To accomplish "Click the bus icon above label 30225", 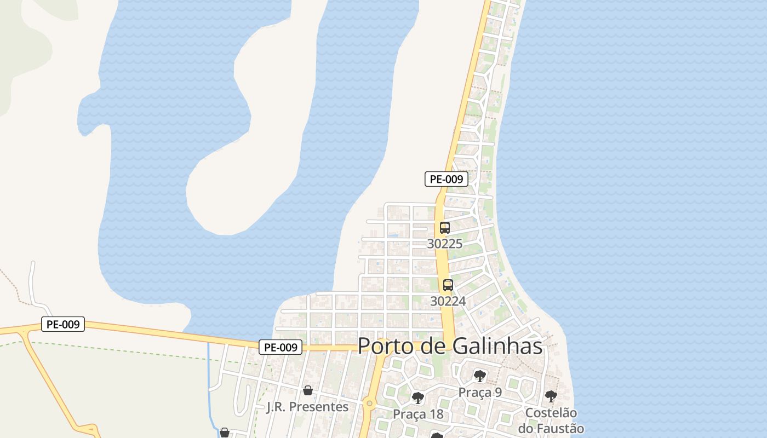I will point(444,228).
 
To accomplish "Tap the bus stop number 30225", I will point(444,244).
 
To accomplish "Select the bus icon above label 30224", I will point(448,285).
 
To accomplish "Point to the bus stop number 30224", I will point(448,301).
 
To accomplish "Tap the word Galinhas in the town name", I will point(497,346).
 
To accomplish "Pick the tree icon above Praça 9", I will point(480,376).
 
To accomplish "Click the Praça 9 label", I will point(480,393).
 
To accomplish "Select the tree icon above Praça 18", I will point(418,397).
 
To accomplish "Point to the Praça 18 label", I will point(418,414).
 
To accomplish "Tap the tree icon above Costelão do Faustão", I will point(551,396).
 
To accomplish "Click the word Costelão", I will point(551,413).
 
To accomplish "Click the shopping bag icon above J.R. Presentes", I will point(307,390).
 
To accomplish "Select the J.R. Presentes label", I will point(307,407).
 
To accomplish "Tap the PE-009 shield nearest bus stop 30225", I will point(447,179).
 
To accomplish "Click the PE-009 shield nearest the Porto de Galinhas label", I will point(281,347).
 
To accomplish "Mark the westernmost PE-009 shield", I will point(63,324).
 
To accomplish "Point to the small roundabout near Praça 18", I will point(369,405).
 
